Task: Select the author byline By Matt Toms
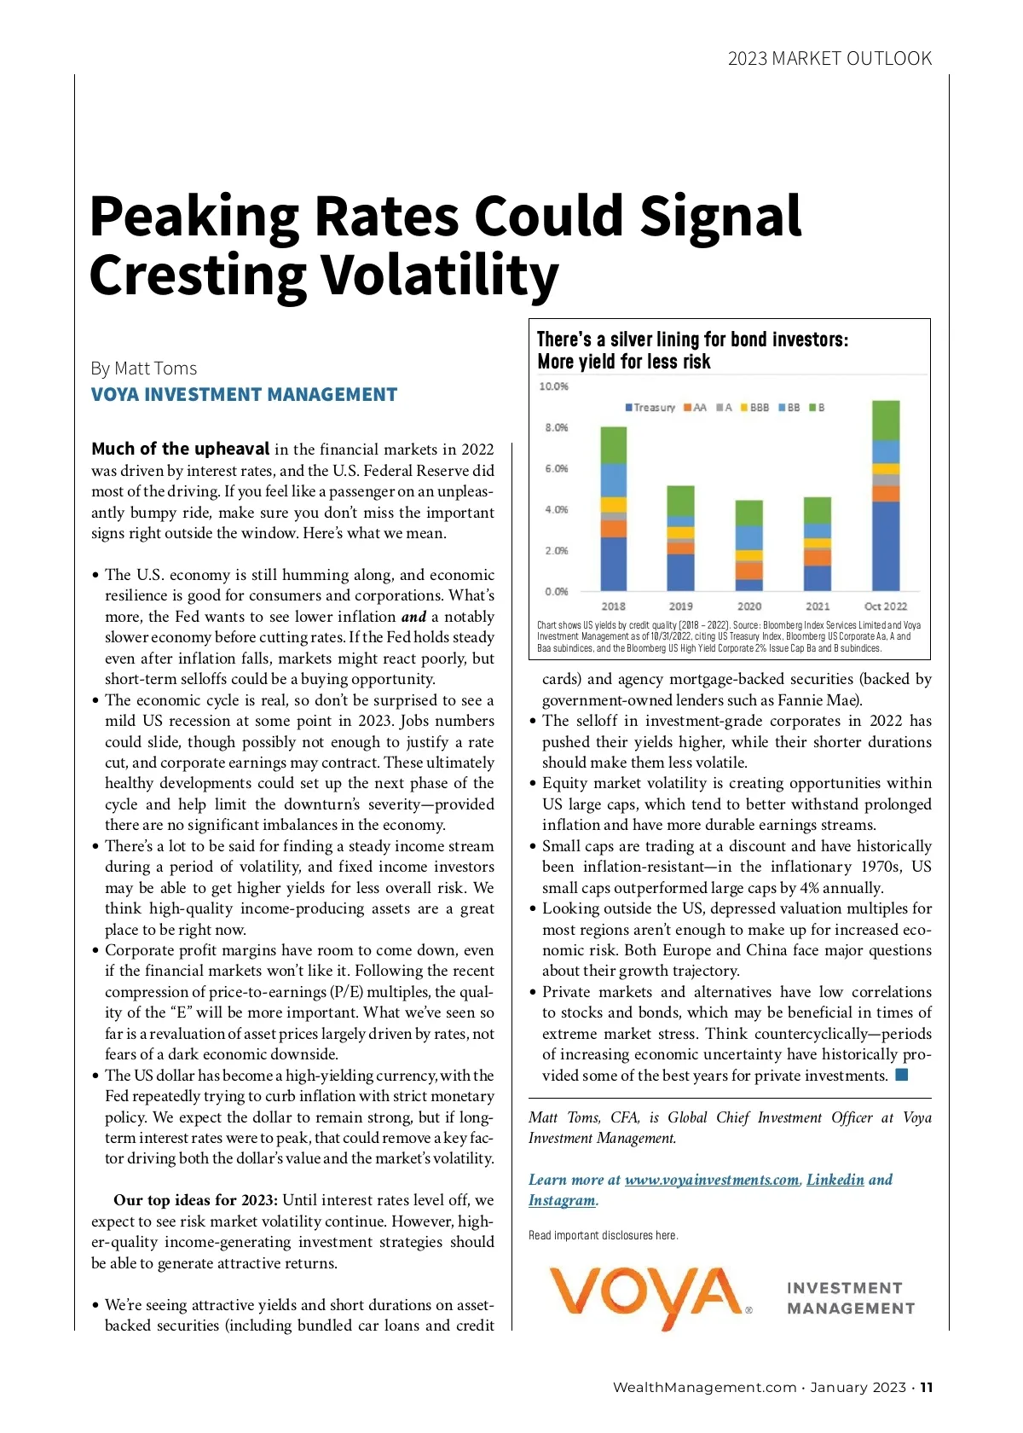point(144,368)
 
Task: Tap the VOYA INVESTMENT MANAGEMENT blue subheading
point(244,394)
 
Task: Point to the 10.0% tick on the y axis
point(553,386)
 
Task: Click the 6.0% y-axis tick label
point(556,468)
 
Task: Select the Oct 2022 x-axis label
point(886,606)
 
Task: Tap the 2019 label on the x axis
point(680,606)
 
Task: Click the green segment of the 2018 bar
point(614,445)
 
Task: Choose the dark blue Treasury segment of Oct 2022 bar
point(886,546)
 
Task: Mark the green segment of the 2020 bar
point(749,513)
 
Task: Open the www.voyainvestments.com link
point(712,1180)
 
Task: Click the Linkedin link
point(835,1180)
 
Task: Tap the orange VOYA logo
point(645,1295)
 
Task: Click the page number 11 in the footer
point(927,1387)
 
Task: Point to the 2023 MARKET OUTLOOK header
point(829,59)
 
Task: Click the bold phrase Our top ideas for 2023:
point(195,1200)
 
